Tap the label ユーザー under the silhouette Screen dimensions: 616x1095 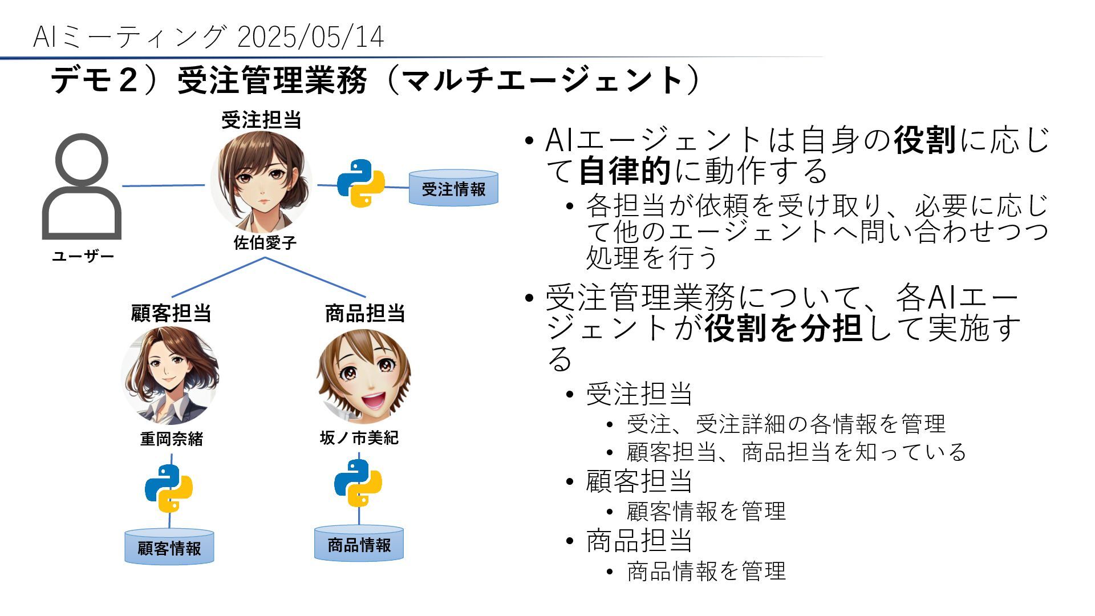(x=83, y=257)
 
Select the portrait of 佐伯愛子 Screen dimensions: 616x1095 (x=262, y=182)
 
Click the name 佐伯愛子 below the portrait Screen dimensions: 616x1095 (x=265, y=243)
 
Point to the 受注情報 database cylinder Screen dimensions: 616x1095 (x=453, y=188)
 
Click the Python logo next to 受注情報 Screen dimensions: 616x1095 (x=361, y=183)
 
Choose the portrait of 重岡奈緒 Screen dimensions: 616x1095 (x=170, y=375)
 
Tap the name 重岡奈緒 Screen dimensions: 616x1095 (x=172, y=439)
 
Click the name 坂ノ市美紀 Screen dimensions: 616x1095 (x=359, y=438)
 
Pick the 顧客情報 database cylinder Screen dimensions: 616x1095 (x=169, y=548)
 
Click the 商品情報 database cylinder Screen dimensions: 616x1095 (x=359, y=544)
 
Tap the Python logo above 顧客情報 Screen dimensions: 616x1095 (x=169, y=488)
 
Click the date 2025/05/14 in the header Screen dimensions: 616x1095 (x=310, y=38)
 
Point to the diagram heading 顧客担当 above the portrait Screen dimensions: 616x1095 (x=171, y=313)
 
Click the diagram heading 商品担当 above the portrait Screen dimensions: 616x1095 (x=365, y=313)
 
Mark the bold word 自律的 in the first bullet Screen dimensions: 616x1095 (x=624, y=171)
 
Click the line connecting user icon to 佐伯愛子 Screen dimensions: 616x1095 (x=164, y=185)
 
